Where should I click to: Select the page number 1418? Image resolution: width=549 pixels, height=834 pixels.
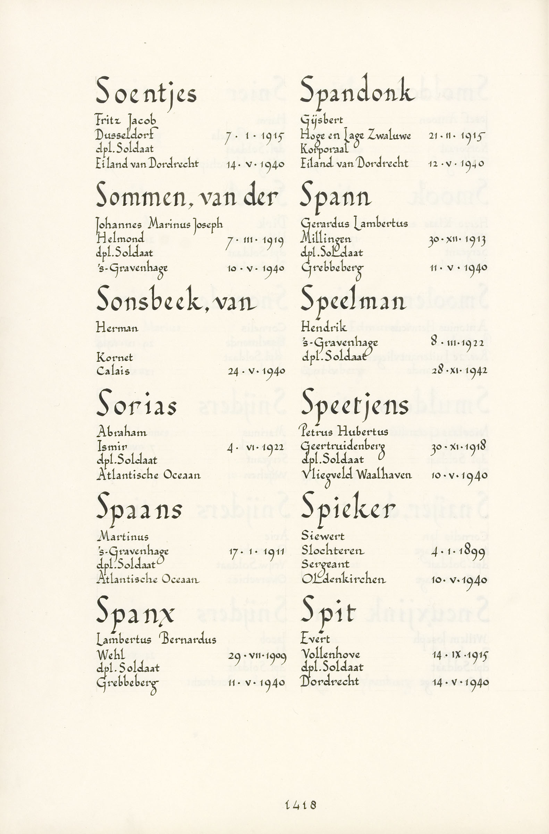pos(301,795)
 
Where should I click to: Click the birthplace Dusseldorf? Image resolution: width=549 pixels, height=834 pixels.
pos(124,135)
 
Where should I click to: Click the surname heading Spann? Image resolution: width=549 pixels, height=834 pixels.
pos(336,197)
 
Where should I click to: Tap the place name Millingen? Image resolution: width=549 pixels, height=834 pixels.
pos(326,239)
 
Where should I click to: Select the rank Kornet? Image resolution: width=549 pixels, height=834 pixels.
pos(115,357)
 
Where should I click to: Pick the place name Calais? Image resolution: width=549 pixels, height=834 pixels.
pos(113,371)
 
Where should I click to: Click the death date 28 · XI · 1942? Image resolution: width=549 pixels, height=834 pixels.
pos(459,370)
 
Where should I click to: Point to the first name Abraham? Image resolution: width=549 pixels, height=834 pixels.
pos(121,432)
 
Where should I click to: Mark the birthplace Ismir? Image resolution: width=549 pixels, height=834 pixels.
pos(112,447)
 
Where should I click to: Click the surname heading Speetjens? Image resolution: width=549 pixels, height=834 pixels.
pos(354,406)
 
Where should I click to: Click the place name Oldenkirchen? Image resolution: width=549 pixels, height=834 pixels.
pos(343,579)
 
